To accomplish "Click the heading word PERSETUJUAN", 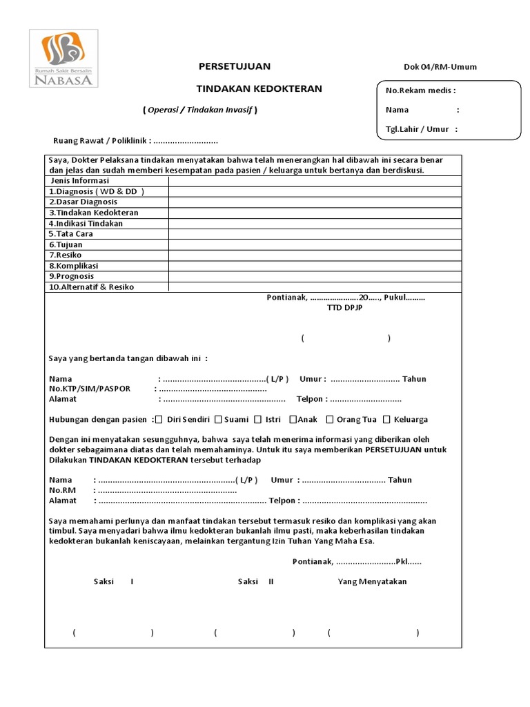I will [x=235, y=66].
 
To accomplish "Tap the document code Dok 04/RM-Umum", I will [x=440, y=67].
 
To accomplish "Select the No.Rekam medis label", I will [x=420, y=90].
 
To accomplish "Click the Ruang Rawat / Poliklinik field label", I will [x=102, y=141].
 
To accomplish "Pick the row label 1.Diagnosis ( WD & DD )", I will [x=97, y=191].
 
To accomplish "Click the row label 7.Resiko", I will [x=65, y=255].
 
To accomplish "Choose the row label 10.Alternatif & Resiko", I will [x=91, y=287].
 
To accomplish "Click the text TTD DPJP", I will [x=344, y=308].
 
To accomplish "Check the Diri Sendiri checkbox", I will [x=159, y=419].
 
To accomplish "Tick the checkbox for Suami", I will [x=218, y=419].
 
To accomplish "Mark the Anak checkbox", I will [x=293, y=419].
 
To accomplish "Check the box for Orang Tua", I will [x=330, y=419].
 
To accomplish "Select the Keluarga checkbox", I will [x=387, y=419].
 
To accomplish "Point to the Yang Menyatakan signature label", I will [x=372, y=581].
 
